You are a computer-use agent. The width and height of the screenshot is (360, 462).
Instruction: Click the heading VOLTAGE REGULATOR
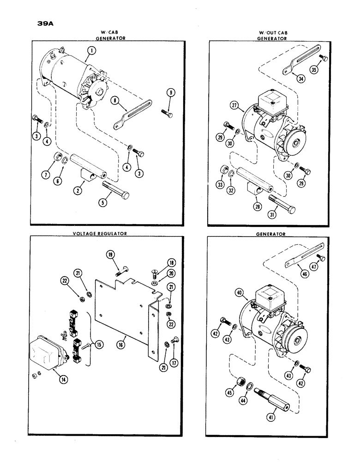click(x=99, y=234)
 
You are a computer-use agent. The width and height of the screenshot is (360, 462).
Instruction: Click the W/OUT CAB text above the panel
click(x=272, y=32)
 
